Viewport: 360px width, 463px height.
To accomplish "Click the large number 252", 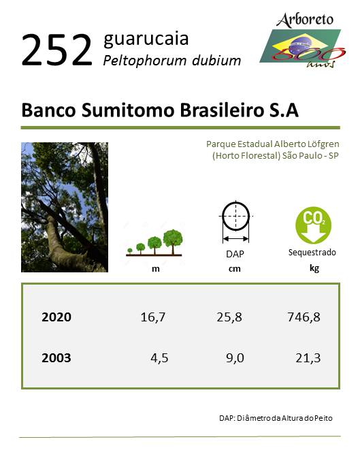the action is click(x=56, y=50).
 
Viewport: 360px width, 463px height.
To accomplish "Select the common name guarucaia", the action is click(x=146, y=39).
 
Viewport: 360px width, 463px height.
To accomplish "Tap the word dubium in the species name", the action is click(x=216, y=61).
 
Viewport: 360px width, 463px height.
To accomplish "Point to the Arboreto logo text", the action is click(x=305, y=20).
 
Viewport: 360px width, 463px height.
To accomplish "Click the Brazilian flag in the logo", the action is click(x=300, y=46).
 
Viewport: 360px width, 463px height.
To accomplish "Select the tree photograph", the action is click(x=65, y=207).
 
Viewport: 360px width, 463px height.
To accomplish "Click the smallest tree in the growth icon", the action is click(x=130, y=251).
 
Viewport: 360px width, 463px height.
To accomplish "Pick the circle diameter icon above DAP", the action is click(x=235, y=221).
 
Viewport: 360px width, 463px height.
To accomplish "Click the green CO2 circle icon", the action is click(x=313, y=225).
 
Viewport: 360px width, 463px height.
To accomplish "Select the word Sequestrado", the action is click(x=312, y=253).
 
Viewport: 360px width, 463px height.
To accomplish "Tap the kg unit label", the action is click(x=314, y=268).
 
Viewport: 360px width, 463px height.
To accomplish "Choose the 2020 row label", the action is click(x=56, y=317).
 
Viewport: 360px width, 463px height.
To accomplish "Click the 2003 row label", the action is click(x=56, y=358).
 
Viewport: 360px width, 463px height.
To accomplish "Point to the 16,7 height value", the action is click(x=153, y=317).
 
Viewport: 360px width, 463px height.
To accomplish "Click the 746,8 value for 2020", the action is click(x=304, y=317).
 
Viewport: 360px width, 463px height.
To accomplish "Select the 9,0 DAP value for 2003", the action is click(x=235, y=358).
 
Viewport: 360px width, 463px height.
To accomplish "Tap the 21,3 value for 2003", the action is click(x=308, y=358).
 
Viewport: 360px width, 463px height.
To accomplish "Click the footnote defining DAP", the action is click(x=276, y=418).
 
